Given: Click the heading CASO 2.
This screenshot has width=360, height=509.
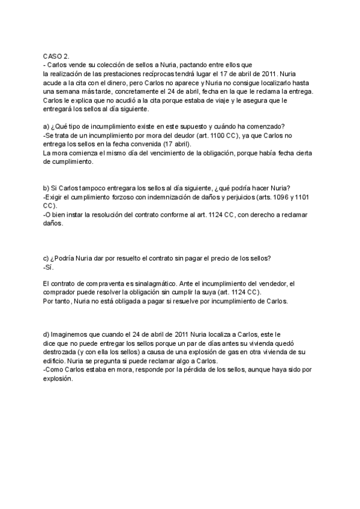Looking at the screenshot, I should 56,55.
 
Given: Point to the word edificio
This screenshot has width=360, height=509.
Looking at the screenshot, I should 56,361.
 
